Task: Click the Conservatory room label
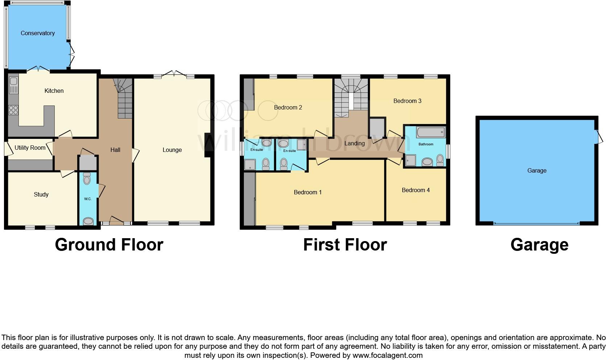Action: tap(37, 33)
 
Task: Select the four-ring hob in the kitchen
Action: tap(13, 110)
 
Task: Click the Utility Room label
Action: tap(30, 148)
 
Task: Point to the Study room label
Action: tap(41, 195)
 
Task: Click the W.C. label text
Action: tap(88, 199)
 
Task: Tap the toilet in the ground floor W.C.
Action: tap(87, 179)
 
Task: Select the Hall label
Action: tap(115, 150)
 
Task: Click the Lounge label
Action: tap(172, 150)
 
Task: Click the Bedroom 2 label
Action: tap(288, 108)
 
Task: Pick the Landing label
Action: tap(354, 144)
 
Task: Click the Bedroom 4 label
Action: tap(415, 190)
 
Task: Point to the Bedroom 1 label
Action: tap(307, 193)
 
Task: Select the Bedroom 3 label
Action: tap(407, 101)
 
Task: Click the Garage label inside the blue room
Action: tap(536, 171)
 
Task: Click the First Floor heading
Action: tap(345, 245)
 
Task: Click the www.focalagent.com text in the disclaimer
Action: tap(387, 355)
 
